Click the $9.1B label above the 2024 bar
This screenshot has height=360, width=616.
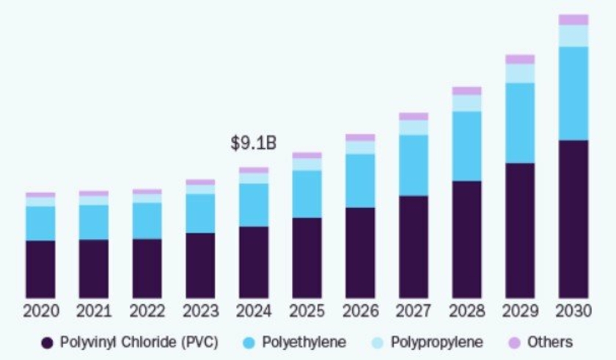(x=254, y=144)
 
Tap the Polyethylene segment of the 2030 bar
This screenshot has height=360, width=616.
(x=573, y=93)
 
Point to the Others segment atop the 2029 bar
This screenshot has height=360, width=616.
(x=520, y=59)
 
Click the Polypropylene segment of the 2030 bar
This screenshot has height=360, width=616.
(x=573, y=36)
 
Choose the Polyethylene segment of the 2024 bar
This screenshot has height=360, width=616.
(x=254, y=205)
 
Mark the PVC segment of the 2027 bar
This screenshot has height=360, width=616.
(x=414, y=246)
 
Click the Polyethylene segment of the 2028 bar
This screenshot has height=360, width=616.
(x=467, y=146)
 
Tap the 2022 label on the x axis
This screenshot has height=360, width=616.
(x=147, y=312)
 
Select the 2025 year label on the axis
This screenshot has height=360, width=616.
(x=307, y=312)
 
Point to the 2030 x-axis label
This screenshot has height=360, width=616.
(x=573, y=312)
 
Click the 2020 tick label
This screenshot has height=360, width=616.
(x=40, y=312)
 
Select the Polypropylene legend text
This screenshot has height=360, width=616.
(x=437, y=342)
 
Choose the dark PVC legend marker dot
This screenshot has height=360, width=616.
(x=48, y=342)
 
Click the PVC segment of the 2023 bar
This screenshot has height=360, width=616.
(x=200, y=265)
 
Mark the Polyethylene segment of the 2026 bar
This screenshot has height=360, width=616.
(x=360, y=180)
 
